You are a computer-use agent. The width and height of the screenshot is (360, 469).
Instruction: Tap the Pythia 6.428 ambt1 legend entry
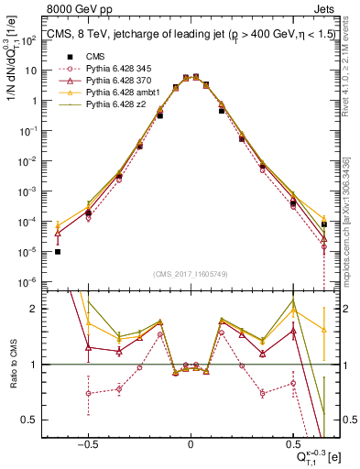pyautogui.click(x=119, y=93)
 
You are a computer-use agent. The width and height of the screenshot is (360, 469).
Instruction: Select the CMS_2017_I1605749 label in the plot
pyautogui.click(x=191, y=273)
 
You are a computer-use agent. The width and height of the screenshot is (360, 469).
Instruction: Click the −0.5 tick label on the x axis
pyautogui.click(x=87, y=442)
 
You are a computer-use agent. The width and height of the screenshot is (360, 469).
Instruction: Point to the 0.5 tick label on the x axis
pyautogui.click(x=293, y=442)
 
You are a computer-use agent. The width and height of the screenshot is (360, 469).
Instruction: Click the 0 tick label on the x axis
pyautogui.click(x=191, y=442)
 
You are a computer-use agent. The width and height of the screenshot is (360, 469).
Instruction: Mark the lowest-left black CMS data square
pyautogui.click(x=58, y=252)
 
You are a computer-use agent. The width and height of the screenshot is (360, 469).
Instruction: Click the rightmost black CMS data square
pyautogui.click(x=324, y=224)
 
